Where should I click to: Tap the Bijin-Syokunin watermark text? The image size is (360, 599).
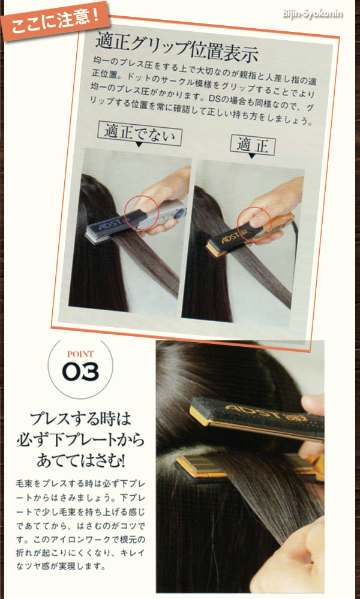(x=312, y=13)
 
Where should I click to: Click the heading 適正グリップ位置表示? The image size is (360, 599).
(x=176, y=49)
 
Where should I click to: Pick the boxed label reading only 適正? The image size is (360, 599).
(x=252, y=144)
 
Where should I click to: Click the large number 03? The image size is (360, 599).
(x=80, y=373)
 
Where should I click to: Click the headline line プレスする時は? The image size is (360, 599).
(x=80, y=418)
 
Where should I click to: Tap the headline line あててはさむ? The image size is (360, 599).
(x=80, y=462)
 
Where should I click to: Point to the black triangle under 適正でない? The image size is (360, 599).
(x=139, y=145)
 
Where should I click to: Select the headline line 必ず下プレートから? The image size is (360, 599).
(x=80, y=440)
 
